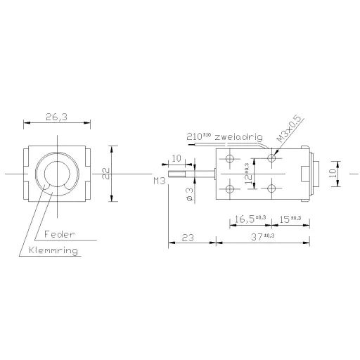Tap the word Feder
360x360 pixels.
point(59,233)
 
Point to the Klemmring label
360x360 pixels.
point(53,250)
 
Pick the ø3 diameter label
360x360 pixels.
point(189,194)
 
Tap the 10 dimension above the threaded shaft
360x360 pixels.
point(176,158)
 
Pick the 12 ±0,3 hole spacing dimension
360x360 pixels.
point(247,174)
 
